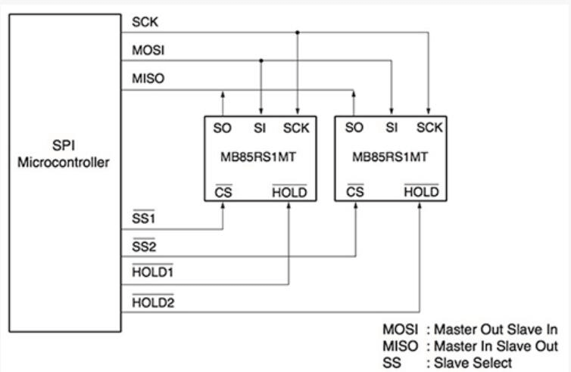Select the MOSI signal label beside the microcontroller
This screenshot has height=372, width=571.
click(x=146, y=51)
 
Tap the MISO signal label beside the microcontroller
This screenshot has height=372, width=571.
click(x=146, y=79)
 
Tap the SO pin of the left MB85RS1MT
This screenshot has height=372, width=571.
click(x=223, y=128)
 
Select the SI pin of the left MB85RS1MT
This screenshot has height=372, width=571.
click(x=261, y=128)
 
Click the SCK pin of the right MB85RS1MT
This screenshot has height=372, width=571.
click(x=429, y=128)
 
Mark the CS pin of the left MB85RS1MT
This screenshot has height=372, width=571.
click(x=223, y=192)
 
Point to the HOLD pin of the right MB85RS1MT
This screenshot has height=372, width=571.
click(x=421, y=192)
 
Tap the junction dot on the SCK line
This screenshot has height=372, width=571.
click(x=297, y=33)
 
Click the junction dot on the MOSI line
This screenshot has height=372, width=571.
click(x=261, y=60)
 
